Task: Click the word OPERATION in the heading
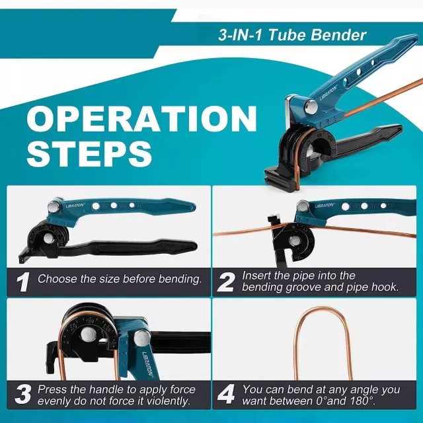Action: click(142, 119)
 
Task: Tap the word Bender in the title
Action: click(338, 35)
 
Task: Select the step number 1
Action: click(22, 282)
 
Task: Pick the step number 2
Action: click(226, 282)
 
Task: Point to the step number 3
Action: click(23, 395)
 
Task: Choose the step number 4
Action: click(227, 395)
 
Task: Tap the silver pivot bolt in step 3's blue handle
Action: click(142, 338)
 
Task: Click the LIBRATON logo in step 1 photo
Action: click(75, 206)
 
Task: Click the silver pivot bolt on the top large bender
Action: click(311, 106)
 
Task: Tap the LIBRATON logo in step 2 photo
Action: click(325, 206)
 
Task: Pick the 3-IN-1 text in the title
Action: click(240, 35)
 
